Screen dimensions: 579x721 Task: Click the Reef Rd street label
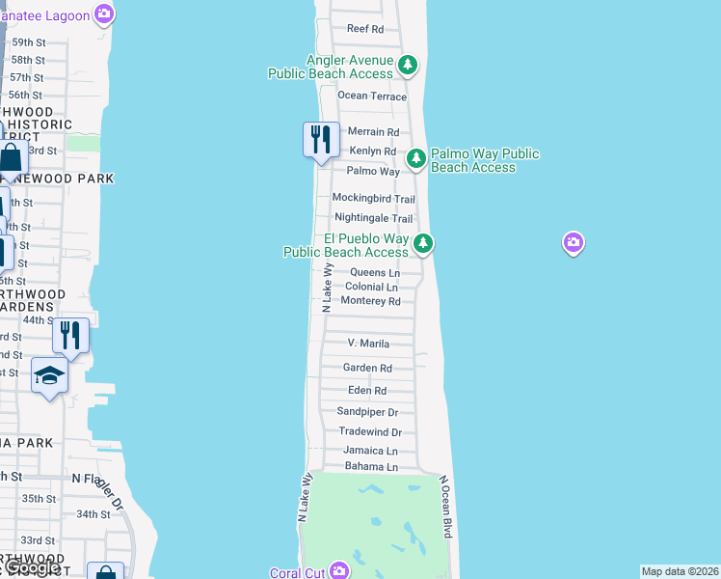pyautogui.click(x=364, y=29)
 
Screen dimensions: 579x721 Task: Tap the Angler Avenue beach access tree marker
pyautogui.click(x=409, y=65)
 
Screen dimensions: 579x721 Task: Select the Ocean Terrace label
pyautogui.click(x=372, y=96)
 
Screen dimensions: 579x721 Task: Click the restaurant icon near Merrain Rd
pyautogui.click(x=321, y=140)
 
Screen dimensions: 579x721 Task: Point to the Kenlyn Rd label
pyautogui.click(x=372, y=152)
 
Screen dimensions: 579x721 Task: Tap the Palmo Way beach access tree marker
pyautogui.click(x=415, y=158)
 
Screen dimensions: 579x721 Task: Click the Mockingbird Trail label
pyautogui.click(x=373, y=198)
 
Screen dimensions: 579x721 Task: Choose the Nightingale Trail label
pyautogui.click(x=373, y=218)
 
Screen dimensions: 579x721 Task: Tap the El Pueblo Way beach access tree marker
pyautogui.click(x=423, y=243)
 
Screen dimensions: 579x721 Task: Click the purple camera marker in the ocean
pyautogui.click(x=574, y=242)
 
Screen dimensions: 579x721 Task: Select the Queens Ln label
pyautogui.click(x=374, y=273)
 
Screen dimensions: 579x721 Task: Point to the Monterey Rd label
pyautogui.click(x=370, y=301)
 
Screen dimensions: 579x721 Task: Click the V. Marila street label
pyautogui.click(x=368, y=344)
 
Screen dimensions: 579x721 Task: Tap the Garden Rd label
pyautogui.click(x=367, y=368)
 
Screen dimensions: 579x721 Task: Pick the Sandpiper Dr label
pyautogui.click(x=367, y=411)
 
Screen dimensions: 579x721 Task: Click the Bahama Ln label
pyautogui.click(x=370, y=467)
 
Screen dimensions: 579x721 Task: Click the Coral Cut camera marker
pyautogui.click(x=338, y=571)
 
